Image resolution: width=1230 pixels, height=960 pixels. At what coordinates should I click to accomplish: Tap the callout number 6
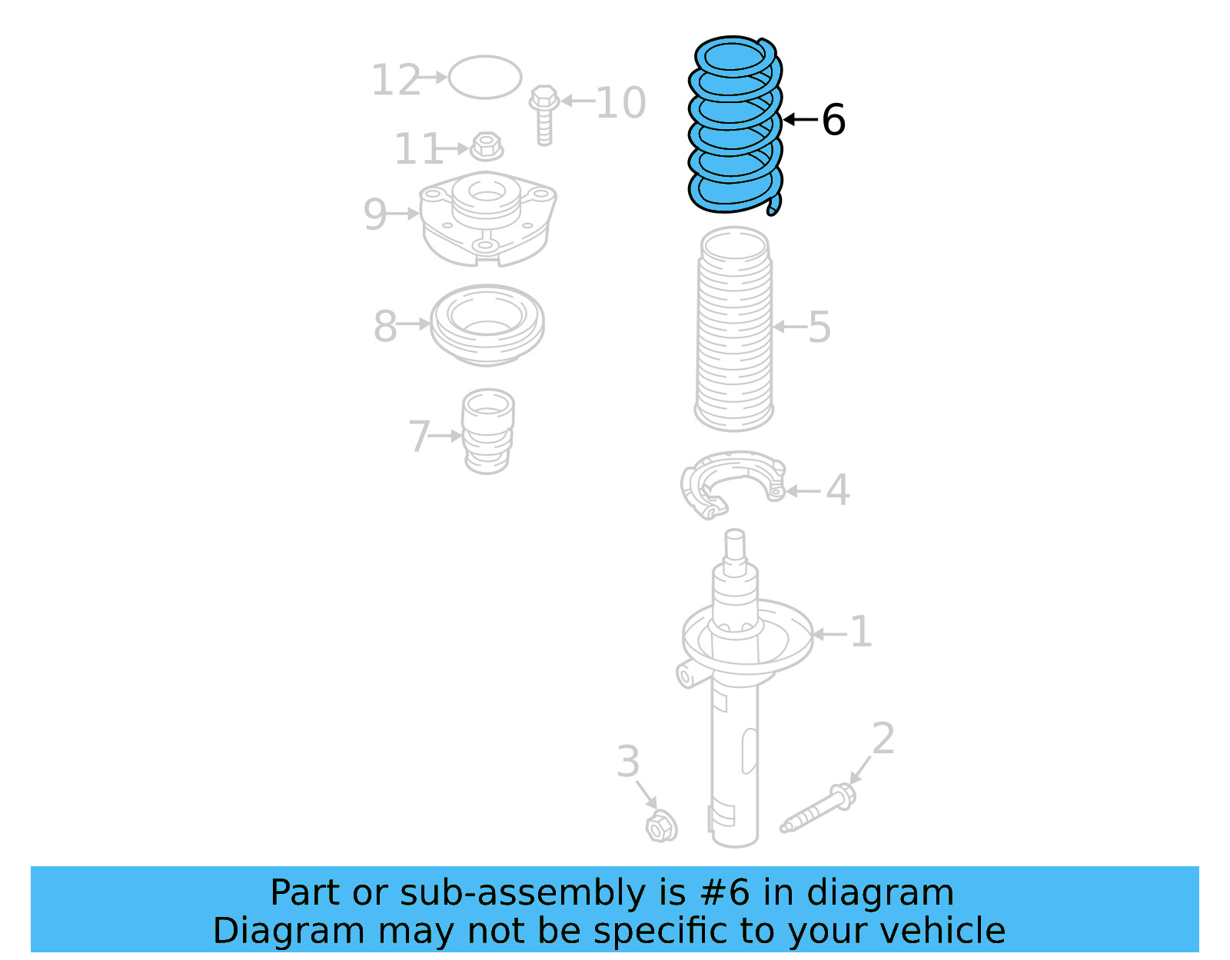pos(833,120)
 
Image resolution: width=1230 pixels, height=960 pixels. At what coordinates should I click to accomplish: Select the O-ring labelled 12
pos(485,77)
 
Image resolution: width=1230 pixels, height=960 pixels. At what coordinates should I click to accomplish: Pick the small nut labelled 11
pos(486,145)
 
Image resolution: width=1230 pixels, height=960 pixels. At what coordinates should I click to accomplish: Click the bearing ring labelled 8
pos(487,324)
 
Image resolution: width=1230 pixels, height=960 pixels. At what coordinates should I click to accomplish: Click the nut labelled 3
pos(660,827)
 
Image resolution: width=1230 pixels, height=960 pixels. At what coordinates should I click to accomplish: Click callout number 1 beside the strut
pos(861,632)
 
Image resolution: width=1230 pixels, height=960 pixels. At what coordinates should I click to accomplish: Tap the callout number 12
pos(396,80)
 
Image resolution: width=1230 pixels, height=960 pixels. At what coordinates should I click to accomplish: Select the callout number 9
pos(374,214)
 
